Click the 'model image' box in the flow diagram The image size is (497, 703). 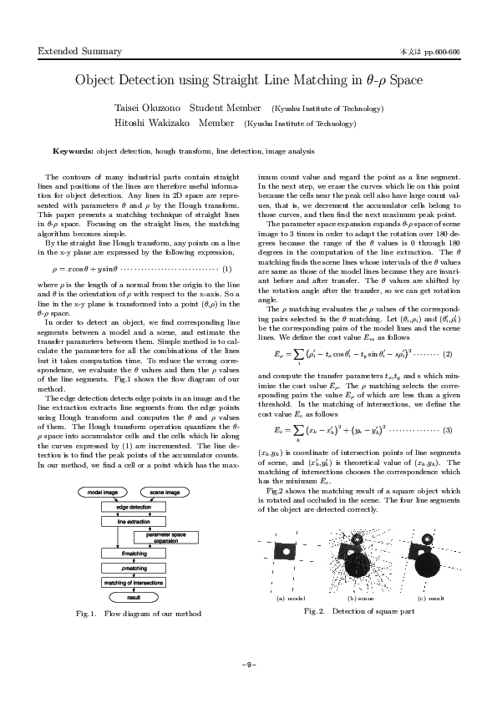[x=102, y=492]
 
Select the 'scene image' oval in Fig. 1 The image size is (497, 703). [x=165, y=492]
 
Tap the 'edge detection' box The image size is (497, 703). [x=134, y=507]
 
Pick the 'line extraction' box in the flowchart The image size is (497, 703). [x=134, y=521]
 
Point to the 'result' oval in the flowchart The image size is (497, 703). [x=134, y=597]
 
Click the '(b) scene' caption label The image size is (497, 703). [x=361, y=599]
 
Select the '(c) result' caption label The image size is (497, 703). [x=430, y=599]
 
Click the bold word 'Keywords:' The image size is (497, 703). [x=73, y=152]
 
